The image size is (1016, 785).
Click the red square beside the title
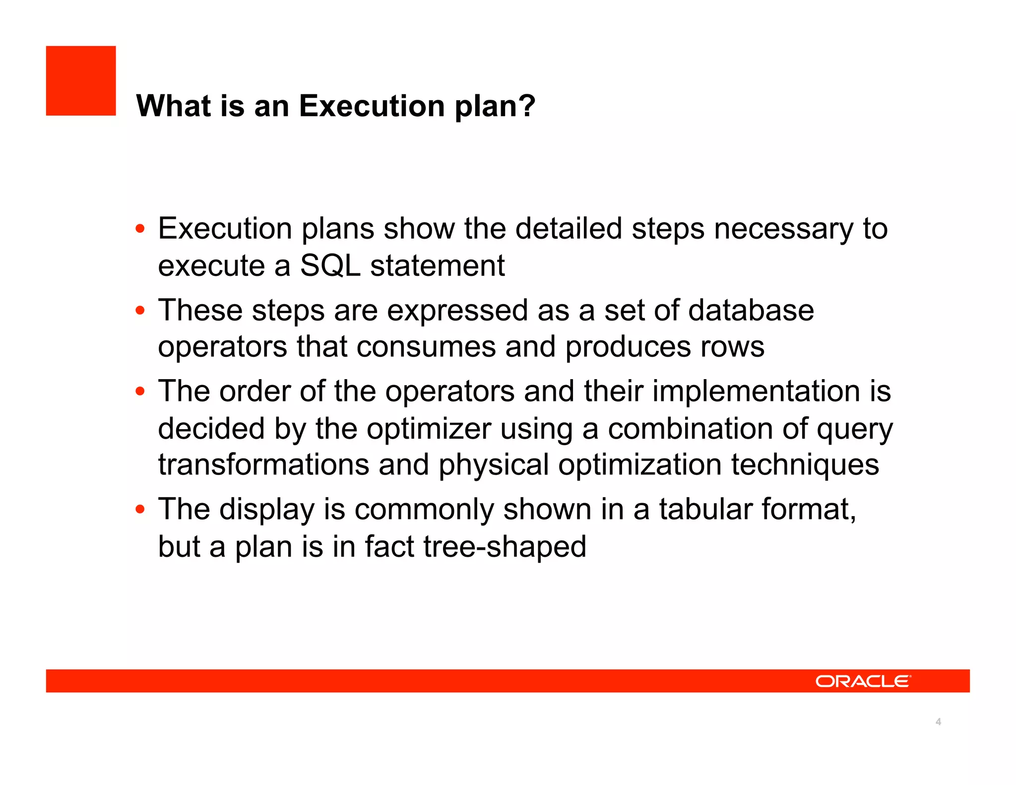81,81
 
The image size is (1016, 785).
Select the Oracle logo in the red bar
863,681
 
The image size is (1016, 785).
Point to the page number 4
938,721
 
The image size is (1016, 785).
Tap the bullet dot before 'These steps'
140,311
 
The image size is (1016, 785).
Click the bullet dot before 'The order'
140,392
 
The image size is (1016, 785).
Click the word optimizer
429,429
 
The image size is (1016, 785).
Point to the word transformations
263,465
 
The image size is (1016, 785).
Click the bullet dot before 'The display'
140,509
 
